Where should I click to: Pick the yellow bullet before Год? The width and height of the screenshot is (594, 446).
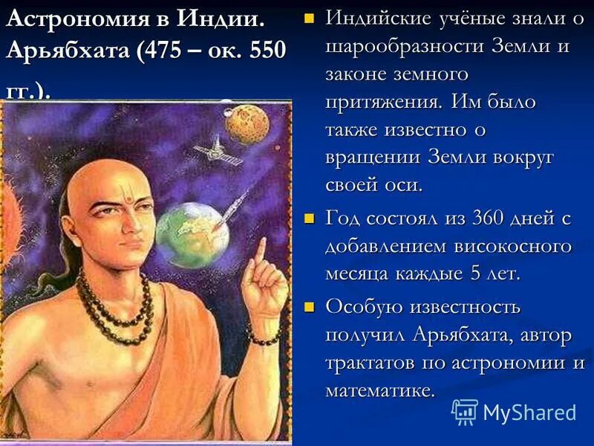point(310,219)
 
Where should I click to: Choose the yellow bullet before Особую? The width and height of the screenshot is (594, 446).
point(310,306)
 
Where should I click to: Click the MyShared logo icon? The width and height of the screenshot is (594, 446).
point(465,411)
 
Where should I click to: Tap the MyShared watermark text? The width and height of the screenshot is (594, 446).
point(529,413)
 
